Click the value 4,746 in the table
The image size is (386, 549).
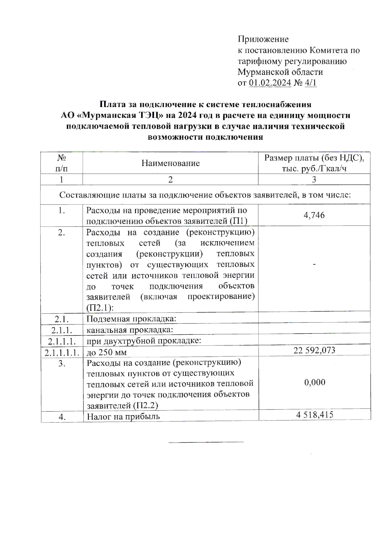(x=314, y=215)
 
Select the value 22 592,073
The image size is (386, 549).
(x=314, y=350)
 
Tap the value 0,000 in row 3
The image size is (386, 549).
(x=315, y=382)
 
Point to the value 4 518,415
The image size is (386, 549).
(x=315, y=415)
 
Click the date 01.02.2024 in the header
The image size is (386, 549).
(x=270, y=83)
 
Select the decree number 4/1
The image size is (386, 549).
(x=310, y=83)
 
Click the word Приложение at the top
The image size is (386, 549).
(x=263, y=39)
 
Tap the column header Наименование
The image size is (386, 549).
(x=170, y=163)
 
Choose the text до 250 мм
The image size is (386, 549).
(x=106, y=352)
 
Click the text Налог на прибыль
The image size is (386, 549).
(x=123, y=417)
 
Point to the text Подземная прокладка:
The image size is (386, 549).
(x=131, y=319)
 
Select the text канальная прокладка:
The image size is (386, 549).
(x=130, y=330)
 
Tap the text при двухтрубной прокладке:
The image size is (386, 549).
(x=144, y=341)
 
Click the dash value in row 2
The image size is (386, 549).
(x=314, y=265)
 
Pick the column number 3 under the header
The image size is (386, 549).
(x=314, y=179)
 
